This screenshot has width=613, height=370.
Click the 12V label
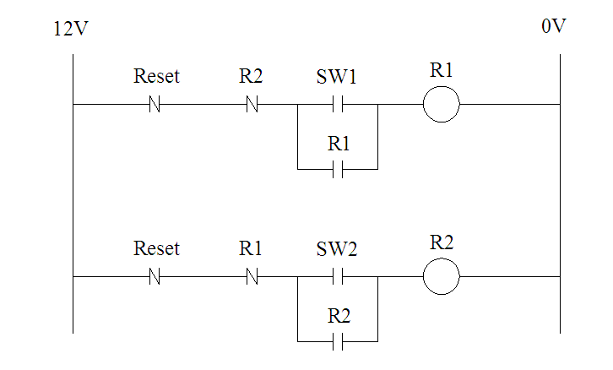pyautogui.click(x=71, y=29)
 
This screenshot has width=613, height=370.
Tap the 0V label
pyautogui.click(x=554, y=26)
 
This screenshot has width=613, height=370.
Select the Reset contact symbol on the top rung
pyautogui.click(x=155, y=105)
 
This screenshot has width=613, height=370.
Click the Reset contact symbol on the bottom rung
pyautogui.click(x=155, y=276)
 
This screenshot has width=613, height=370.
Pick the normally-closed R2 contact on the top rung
pyautogui.click(x=252, y=105)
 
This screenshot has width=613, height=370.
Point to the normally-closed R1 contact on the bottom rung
pyautogui.click(x=252, y=276)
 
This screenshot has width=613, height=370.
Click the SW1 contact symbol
pyautogui.click(x=338, y=105)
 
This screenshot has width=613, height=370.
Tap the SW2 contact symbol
pyautogui.click(x=338, y=276)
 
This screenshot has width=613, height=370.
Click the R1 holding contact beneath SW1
pyautogui.click(x=338, y=169)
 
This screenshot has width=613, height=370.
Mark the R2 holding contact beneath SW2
pyautogui.click(x=338, y=341)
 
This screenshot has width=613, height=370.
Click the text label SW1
pyautogui.click(x=336, y=76)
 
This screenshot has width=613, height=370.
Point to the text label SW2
pyautogui.click(x=337, y=248)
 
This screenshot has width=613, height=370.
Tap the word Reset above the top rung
pyautogui.click(x=156, y=76)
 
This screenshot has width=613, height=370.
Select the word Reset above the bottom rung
pyautogui.click(x=156, y=248)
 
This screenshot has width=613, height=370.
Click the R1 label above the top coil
pyautogui.click(x=442, y=70)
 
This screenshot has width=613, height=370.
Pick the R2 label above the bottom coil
pyautogui.click(x=442, y=242)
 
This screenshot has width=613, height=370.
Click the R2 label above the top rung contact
pyautogui.click(x=251, y=76)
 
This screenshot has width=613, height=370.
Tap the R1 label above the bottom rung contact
pyautogui.click(x=250, y=248)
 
